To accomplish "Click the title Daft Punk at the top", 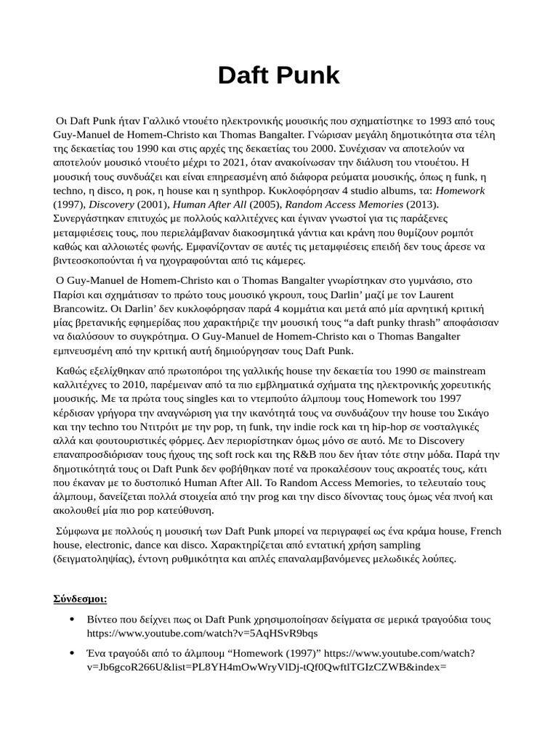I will pos(279,75).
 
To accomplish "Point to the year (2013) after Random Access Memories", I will pos(420,204).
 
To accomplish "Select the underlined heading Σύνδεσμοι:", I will pos(80,599).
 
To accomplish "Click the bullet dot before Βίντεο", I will pos(71,620).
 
